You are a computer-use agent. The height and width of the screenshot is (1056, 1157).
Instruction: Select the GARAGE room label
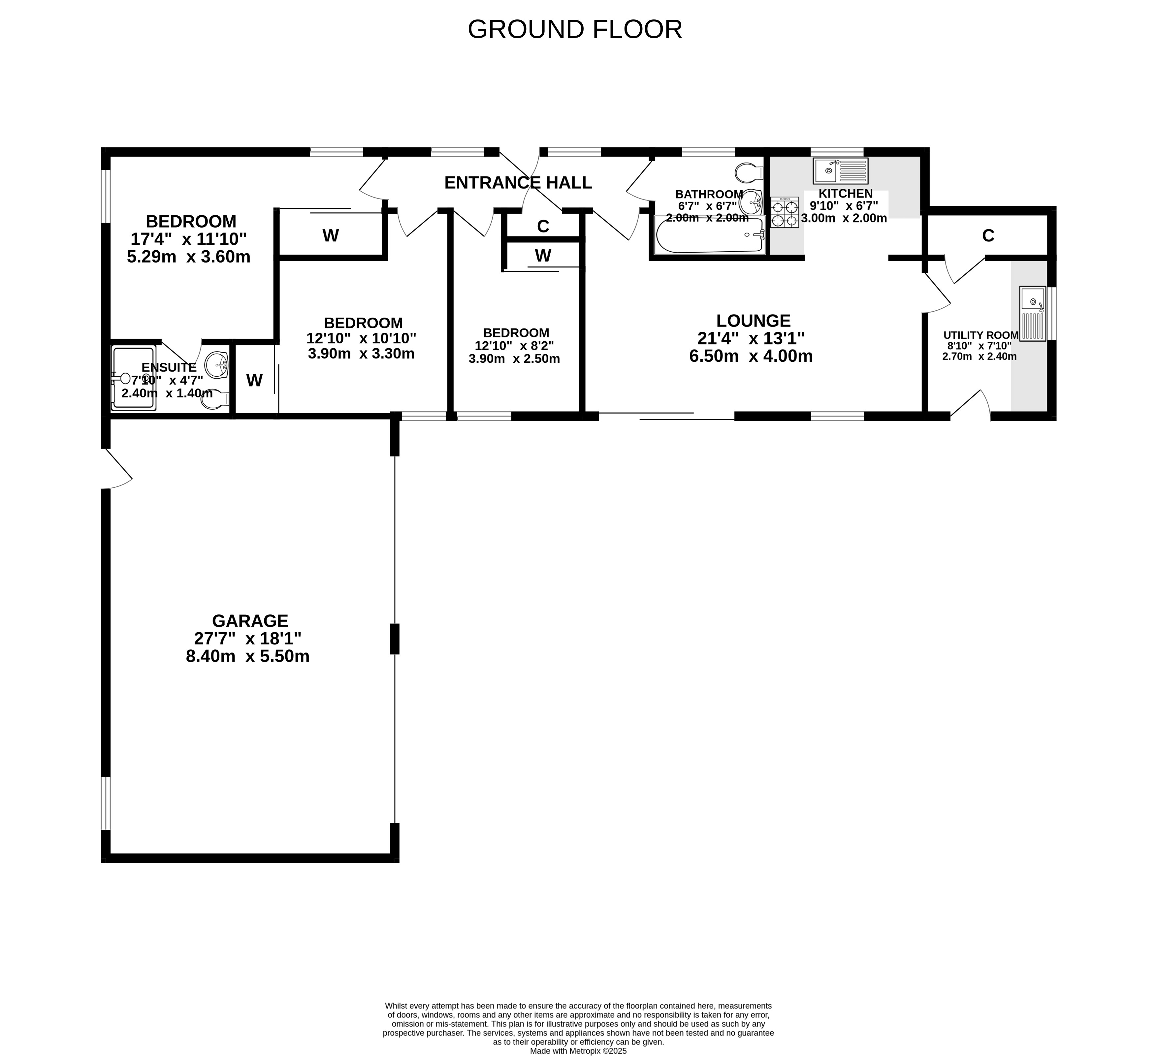click(250, 621)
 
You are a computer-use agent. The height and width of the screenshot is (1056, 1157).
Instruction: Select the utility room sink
click(1033, 314)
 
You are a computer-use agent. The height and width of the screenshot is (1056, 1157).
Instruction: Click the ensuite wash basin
click(217, 365)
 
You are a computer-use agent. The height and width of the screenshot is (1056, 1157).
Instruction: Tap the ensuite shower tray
click(134, 378)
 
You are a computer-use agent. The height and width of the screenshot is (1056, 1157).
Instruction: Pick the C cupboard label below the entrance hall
click(543, 227)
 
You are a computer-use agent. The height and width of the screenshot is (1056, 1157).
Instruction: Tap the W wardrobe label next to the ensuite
click(254, 380)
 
